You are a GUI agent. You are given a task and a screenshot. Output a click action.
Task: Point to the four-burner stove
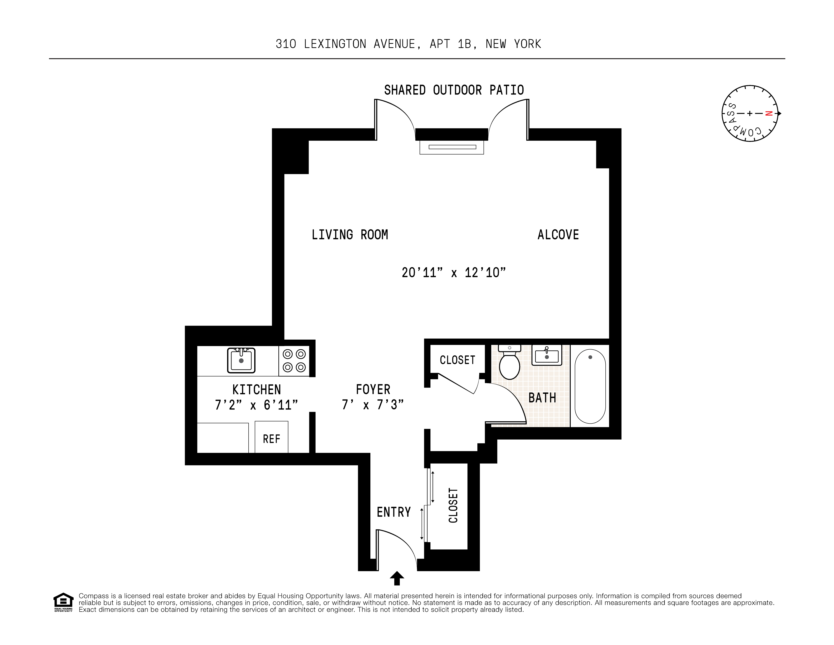click(x=294, y=360)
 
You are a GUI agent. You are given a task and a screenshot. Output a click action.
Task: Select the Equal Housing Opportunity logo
click(x=63, y=602)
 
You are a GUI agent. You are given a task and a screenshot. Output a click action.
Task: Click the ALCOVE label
click(x=558, y=234)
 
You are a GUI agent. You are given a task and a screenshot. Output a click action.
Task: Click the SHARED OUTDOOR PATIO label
click(x=454, y=90)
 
